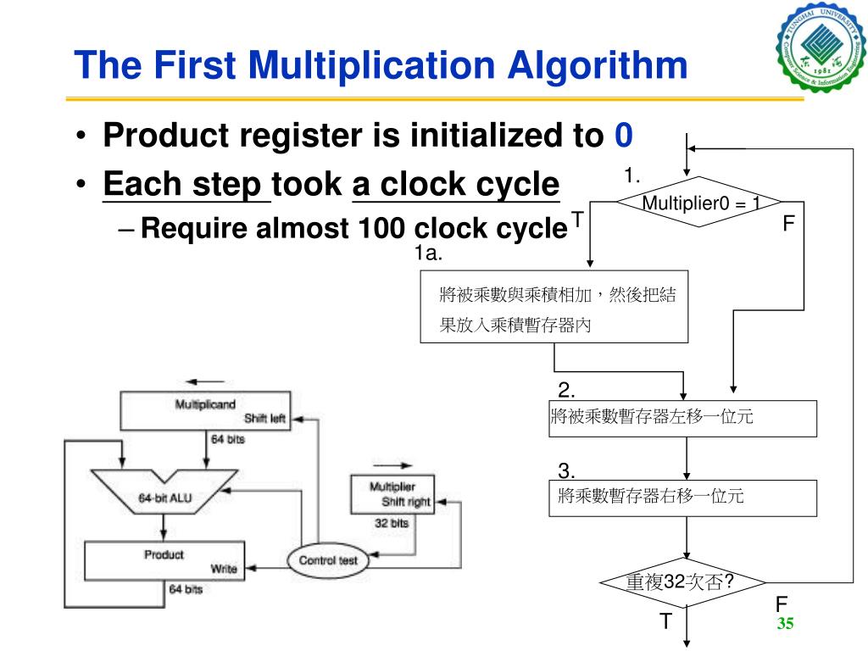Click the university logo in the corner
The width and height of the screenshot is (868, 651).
pos(820,46)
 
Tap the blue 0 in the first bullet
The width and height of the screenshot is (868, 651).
pos(624,135)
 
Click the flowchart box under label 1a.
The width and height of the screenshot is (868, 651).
pos(554,306)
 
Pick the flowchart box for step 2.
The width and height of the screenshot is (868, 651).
pos(682,418)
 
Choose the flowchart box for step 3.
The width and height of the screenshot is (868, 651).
pos(682,498)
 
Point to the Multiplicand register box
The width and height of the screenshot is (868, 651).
pos(205,410)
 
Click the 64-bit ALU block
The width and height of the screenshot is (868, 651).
pos(166,498)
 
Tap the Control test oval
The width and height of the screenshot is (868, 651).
pos(328,560)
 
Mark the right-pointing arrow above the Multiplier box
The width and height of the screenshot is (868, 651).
pos(392,465)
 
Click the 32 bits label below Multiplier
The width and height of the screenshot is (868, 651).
pos(391,523)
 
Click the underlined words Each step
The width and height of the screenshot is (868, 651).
pos(185,184)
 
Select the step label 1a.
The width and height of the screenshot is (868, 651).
pos(430,253)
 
